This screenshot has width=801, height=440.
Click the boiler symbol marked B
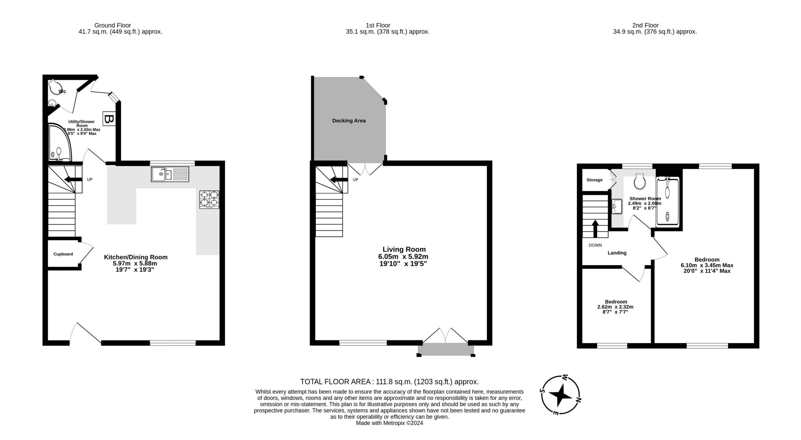[109, 119]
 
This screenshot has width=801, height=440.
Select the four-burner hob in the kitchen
[209, 199]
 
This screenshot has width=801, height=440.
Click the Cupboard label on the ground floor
[63, 254]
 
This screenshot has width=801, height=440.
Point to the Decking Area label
[349, 121]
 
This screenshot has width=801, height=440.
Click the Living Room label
[404, 249]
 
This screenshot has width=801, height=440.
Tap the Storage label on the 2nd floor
[594, 180]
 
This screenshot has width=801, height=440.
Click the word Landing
[617, 253]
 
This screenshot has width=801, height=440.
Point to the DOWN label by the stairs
[595, 245]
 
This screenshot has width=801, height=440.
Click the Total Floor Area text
[390, 381]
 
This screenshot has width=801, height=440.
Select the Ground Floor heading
[113, 25]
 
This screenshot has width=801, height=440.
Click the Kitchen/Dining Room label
[136, 257]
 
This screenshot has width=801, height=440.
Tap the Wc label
[63, 91]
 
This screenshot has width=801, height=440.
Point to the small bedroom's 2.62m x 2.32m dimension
[615, 307]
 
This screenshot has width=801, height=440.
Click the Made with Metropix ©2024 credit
[390, 423]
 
